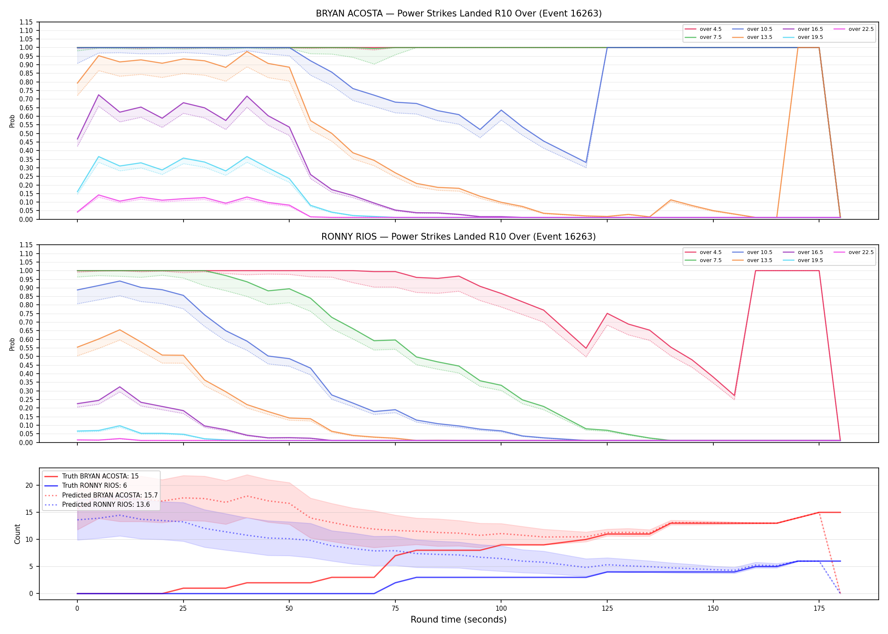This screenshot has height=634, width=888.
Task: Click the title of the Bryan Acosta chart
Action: tap(458, 14)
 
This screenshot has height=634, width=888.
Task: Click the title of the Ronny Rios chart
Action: tap(458, 237)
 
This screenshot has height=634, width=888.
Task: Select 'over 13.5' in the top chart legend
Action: tap(759, 37)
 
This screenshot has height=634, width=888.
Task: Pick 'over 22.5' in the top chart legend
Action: tap(861, 29)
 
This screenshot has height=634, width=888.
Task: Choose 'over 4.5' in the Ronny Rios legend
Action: tap(710, 252)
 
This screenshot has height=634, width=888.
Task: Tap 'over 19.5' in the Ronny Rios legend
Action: tap(810, 260)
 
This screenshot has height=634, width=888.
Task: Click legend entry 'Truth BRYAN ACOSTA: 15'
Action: tap(100, 476)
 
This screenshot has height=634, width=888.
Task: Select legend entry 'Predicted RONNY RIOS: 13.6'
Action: tap(106, 504)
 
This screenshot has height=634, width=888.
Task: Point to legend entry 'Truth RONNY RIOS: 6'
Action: tap(94, 486)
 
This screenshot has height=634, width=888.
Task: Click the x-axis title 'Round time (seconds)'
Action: tap(458, 620)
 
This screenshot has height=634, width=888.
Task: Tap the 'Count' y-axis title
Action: tap(17, 534)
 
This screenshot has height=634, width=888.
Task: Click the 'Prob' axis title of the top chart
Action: tap(12, 121)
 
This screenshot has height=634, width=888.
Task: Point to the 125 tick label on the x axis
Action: tap(607, 609)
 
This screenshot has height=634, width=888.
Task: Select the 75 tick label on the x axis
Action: tap(395, 609)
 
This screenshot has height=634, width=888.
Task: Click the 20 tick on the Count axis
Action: tap(29, 485)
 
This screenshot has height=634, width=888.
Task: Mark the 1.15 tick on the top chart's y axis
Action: tap(26, 22)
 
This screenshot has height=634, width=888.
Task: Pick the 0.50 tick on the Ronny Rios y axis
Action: tap(26, 356)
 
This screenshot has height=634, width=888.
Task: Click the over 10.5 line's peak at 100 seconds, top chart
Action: tap(501, 110)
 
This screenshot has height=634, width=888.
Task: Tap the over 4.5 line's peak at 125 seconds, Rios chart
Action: tap(607, 313)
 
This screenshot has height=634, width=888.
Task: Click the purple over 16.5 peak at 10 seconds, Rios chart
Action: tap(120, 387)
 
